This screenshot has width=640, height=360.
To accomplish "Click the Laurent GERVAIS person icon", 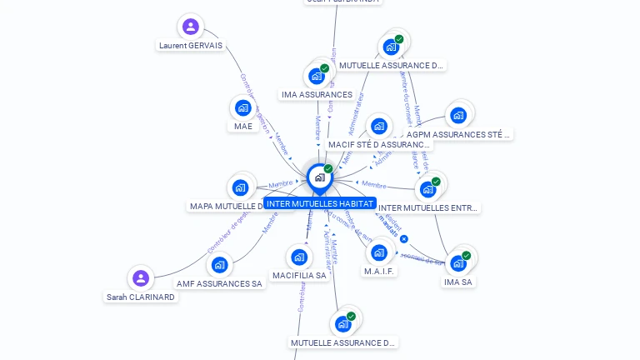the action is (x=191, y=26).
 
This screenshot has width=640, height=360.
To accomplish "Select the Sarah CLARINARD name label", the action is (x=141, y=297).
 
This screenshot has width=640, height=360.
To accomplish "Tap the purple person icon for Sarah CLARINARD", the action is (x=141, y=278).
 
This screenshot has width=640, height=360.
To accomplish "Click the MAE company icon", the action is (x=242, y=107).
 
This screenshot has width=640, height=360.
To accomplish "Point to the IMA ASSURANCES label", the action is (x=317, y=95).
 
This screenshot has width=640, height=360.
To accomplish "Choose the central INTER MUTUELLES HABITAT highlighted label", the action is (x=319, y=203).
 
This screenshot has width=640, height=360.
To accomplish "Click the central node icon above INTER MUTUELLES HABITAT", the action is (x=319, y=177).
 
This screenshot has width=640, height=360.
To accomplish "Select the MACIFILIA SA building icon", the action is (x=298, y=257).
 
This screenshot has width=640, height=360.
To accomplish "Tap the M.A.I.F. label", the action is (x=379, y=271).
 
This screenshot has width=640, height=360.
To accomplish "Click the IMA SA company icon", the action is (x=457, y=263).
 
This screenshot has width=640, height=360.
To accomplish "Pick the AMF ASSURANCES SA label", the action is (x=219, y=283).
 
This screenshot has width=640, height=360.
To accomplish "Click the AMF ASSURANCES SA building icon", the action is (x=219, y=265).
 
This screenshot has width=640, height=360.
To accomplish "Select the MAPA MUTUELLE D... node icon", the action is (x=240, y=187).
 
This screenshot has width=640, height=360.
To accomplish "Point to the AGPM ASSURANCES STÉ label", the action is (x=457, y=134).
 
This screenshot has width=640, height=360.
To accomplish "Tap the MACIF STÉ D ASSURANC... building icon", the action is (x=379, y=127).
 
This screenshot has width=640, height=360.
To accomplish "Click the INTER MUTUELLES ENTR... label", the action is (x=428, y=207).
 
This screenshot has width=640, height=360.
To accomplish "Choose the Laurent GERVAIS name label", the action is (x=191, y=46).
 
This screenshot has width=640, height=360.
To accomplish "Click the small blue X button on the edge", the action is (x=404, y=239).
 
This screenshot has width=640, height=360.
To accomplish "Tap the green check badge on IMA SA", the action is (x=466, y=256).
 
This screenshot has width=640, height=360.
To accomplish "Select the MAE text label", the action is (x=242, y=127).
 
